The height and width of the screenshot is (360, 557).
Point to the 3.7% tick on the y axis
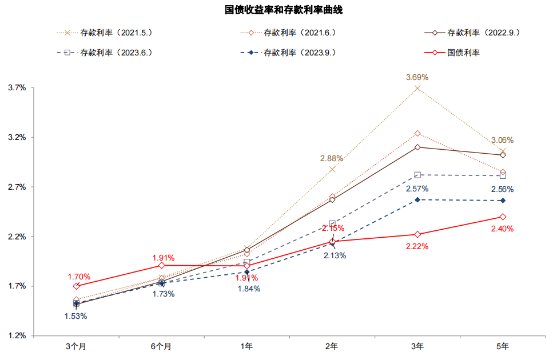click(x=17, y=88)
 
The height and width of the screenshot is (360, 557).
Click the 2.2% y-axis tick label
click(x=17, y=237)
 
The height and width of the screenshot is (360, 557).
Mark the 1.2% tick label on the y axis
click(x=17, y=335)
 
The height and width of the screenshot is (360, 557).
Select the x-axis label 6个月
click(x=161, y=346)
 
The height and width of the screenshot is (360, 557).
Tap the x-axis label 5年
click(x=503, y=346)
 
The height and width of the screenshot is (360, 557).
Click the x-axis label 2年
click(x=332, y=346)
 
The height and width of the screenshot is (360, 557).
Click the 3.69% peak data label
click(x=417, y=77)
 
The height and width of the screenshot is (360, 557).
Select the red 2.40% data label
click(x=502, y=229)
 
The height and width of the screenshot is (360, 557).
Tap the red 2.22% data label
click(x=417, y=246)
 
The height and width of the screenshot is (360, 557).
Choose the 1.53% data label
click(x=75, y=316)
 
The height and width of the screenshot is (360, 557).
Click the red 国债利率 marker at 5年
click(x=503, y=217)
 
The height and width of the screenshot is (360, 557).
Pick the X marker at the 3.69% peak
click(x=417, y=88)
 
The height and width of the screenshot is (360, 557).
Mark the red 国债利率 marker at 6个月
click(x=162, y=265)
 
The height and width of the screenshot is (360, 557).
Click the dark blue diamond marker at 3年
click(x=417, y=199)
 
